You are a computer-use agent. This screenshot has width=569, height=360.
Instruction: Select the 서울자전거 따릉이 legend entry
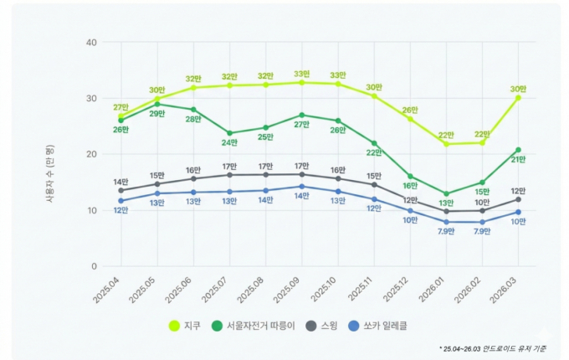(259, 326)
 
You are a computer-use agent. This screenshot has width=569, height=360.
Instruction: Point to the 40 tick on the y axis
(91, 42)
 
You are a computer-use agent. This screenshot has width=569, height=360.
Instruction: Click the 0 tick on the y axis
(94, 266)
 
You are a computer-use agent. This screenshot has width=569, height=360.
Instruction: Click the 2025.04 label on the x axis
(108, 287)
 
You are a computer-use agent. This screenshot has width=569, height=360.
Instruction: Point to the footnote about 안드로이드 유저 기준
(493, 347)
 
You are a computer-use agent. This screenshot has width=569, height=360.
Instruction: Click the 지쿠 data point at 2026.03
(518, 97)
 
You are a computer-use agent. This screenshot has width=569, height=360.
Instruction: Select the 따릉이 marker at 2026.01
(446, 193)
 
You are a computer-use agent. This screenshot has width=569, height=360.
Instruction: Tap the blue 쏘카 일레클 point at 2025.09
(302, 187)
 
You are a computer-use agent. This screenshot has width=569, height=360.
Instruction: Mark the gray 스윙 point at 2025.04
(120, 190)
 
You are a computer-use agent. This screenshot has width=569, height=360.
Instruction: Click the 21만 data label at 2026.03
(518, 160)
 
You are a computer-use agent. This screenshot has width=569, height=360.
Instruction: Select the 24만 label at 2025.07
(229, 142)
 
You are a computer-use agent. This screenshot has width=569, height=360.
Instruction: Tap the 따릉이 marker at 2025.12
(410, 177)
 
